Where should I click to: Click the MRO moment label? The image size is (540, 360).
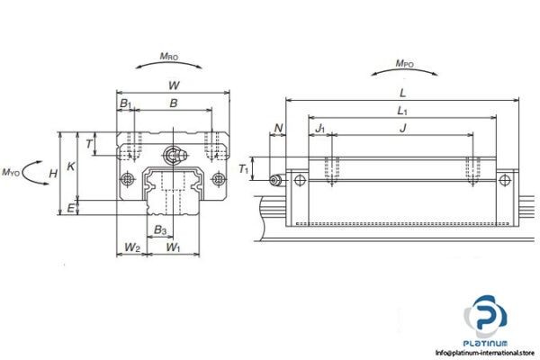(168, 57)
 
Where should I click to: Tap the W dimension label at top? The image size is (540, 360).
(173, 85)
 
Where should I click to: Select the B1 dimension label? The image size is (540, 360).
(126, 104)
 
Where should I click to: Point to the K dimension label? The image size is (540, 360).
(72, 166)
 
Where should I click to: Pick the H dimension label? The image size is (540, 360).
(54, 173)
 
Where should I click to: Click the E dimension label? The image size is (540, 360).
(71, 208)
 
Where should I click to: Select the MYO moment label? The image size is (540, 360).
(12, 171)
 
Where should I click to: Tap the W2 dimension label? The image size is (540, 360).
(131, 247)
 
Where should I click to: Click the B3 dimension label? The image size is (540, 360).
(159, 230)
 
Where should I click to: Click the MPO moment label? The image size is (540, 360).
(405, 64)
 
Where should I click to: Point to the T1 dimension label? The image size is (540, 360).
(244, 168)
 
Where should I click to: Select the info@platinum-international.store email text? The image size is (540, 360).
(485, 352)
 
